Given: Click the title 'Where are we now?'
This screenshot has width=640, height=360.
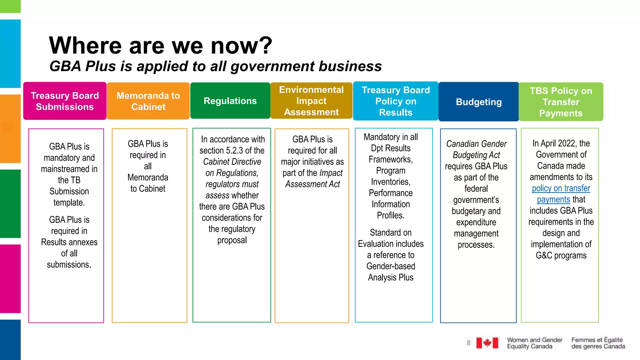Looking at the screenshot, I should click(161, 45).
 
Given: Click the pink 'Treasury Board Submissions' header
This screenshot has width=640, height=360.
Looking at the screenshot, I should click(65, 101).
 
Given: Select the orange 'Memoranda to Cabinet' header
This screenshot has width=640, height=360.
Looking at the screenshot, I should click(148, 101).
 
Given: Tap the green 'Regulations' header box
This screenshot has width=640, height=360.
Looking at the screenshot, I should click(230, 101).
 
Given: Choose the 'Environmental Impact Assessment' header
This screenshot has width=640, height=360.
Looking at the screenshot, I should click(311, 101).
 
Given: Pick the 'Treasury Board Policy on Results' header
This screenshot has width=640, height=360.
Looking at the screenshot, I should click(396, 101).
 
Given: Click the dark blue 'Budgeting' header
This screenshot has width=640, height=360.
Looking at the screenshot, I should click(479, 102).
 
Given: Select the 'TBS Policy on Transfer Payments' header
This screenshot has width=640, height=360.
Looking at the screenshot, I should click(561, 102).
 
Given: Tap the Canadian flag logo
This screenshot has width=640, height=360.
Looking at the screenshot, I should click(487, 343).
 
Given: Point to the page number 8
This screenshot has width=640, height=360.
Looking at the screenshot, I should click(468, 343).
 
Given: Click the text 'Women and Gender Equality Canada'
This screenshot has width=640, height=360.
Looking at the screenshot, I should click(534, 343).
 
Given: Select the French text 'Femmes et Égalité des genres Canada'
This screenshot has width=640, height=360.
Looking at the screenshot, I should click(598, 343).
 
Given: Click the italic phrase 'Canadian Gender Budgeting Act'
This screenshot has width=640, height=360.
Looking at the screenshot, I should click(476, 149).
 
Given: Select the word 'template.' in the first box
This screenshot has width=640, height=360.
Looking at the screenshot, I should click(69, 202).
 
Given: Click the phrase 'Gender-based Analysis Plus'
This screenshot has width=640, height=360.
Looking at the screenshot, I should click(391, 272).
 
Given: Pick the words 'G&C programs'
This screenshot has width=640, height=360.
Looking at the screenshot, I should click(561, 255).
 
